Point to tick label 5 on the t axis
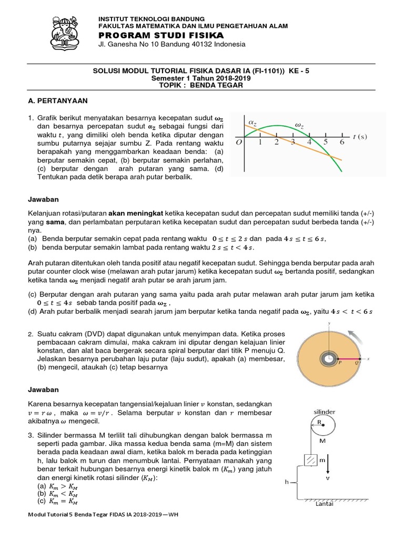326,142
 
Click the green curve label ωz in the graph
299,125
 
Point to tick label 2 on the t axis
276,142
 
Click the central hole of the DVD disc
327,358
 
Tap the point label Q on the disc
358,363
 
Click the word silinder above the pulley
324,412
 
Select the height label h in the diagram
286,481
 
